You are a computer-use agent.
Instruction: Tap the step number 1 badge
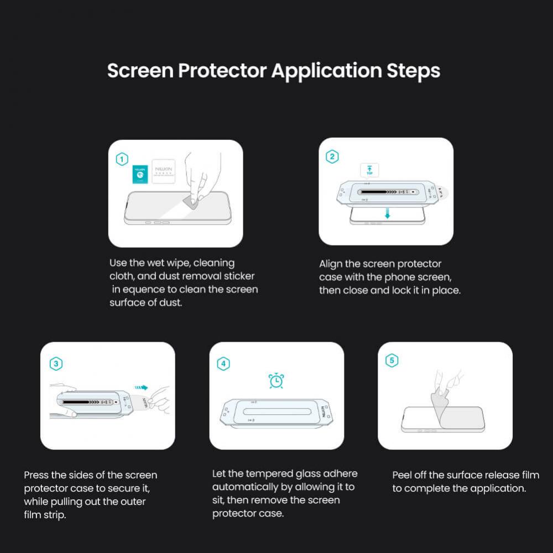coord(122,160)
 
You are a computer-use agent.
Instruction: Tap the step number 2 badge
coord(332,157)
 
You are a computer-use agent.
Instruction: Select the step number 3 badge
coord(56,363)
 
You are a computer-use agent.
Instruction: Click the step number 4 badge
coord(223,363)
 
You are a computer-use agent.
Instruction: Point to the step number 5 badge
coord(392,361)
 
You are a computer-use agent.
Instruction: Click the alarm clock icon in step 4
coord(276,380)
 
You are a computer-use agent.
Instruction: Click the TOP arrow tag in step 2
coord(369,170)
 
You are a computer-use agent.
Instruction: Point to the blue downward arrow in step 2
coord(387,213)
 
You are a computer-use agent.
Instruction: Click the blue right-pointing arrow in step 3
coord(141,388)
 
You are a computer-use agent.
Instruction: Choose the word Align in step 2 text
coord(331,264)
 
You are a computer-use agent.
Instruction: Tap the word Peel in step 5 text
coord(403,475)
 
